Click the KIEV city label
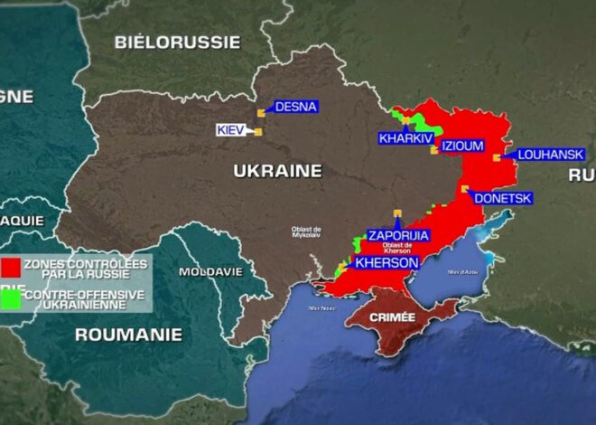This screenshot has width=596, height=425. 232,130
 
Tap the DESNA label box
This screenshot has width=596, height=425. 295,107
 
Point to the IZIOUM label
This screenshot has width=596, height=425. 463,146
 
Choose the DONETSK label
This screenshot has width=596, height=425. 502,198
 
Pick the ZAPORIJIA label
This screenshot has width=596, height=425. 397,236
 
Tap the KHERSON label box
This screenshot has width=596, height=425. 386,263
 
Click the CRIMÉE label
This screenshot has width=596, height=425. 392,317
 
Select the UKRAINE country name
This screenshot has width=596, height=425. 277,171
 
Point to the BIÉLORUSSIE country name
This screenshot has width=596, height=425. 177,42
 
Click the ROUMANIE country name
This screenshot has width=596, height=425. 127,335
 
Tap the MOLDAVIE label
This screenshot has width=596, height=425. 210,271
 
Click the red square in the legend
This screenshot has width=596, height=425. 12,267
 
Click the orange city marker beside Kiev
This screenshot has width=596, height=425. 258,132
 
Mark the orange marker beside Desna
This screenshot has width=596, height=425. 261,112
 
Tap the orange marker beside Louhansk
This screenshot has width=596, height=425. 497,158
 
